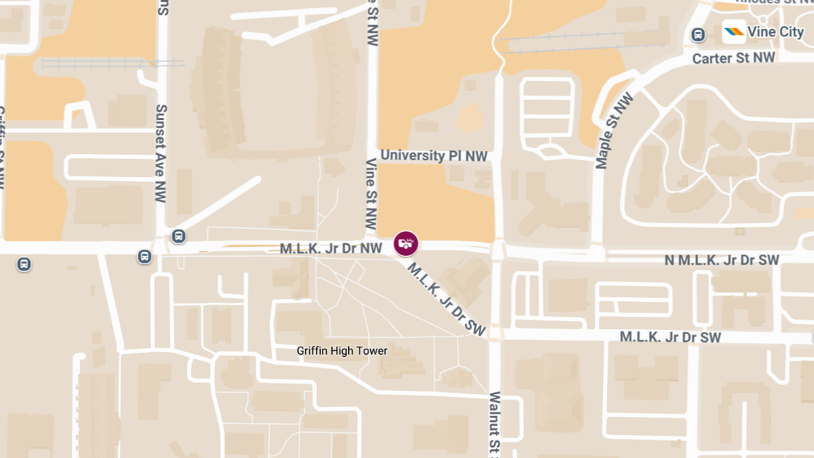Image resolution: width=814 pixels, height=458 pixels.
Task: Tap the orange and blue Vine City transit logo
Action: tap(734, 31)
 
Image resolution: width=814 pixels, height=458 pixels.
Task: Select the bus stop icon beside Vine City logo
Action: tap(698, 35)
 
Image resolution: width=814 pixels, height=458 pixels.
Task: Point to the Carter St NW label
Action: tap(733, 59)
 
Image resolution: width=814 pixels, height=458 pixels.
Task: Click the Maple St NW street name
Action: tap(614, 130)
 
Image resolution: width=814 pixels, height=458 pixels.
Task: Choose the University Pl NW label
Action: tap(434, 155)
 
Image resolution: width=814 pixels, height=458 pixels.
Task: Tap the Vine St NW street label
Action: tap(371, 193)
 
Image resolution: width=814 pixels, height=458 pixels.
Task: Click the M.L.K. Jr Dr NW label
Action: tap(331, 249)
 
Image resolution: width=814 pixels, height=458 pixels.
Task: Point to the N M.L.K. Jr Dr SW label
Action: tap(721, 260)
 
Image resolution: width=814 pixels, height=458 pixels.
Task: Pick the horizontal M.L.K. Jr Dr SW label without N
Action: tap(670, 337)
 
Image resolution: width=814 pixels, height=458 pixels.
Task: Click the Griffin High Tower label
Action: tap(342, 351)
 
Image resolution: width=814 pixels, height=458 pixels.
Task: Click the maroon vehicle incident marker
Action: tap(406, 243)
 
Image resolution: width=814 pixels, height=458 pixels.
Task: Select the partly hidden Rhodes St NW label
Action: tap(773, 2)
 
